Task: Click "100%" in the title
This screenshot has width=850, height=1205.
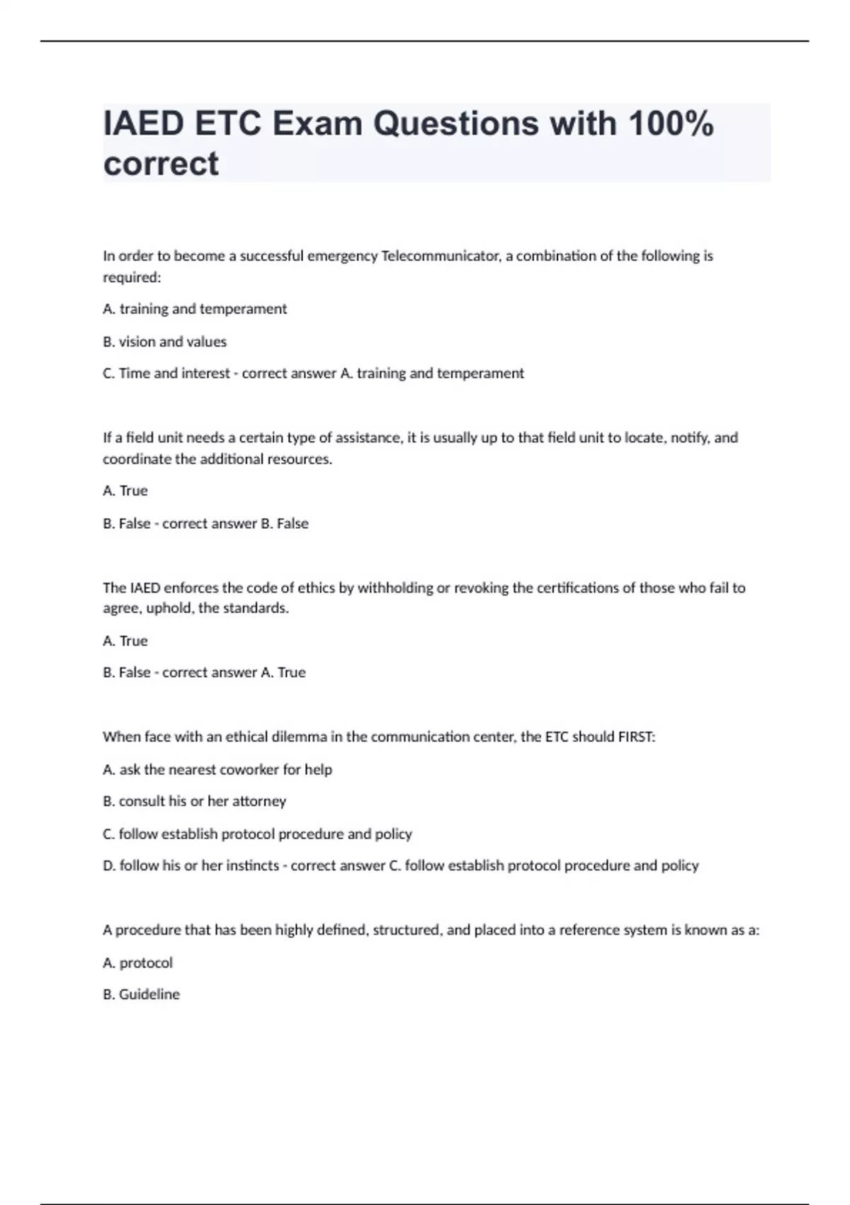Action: coord(671,123)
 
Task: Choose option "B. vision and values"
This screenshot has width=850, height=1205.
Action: coord(164,342)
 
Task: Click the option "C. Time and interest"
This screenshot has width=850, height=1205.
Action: coord(166,374)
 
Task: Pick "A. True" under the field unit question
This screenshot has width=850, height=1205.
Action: coord(125,491)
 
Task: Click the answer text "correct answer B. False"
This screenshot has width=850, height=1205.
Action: coord(235,524)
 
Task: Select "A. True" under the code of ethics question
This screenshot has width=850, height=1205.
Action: coord(125,641)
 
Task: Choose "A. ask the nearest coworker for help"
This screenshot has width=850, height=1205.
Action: coord(217,769)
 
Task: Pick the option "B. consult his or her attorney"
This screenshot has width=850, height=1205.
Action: coord(194,801)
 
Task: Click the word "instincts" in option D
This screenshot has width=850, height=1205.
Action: coord(252,865)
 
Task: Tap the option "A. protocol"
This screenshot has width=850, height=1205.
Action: coord(137,963)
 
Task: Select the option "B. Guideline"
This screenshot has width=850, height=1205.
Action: coord(141,994)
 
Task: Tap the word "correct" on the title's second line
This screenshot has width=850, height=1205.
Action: coord(161,164)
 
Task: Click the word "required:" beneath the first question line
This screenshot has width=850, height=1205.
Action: coord(132,277)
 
